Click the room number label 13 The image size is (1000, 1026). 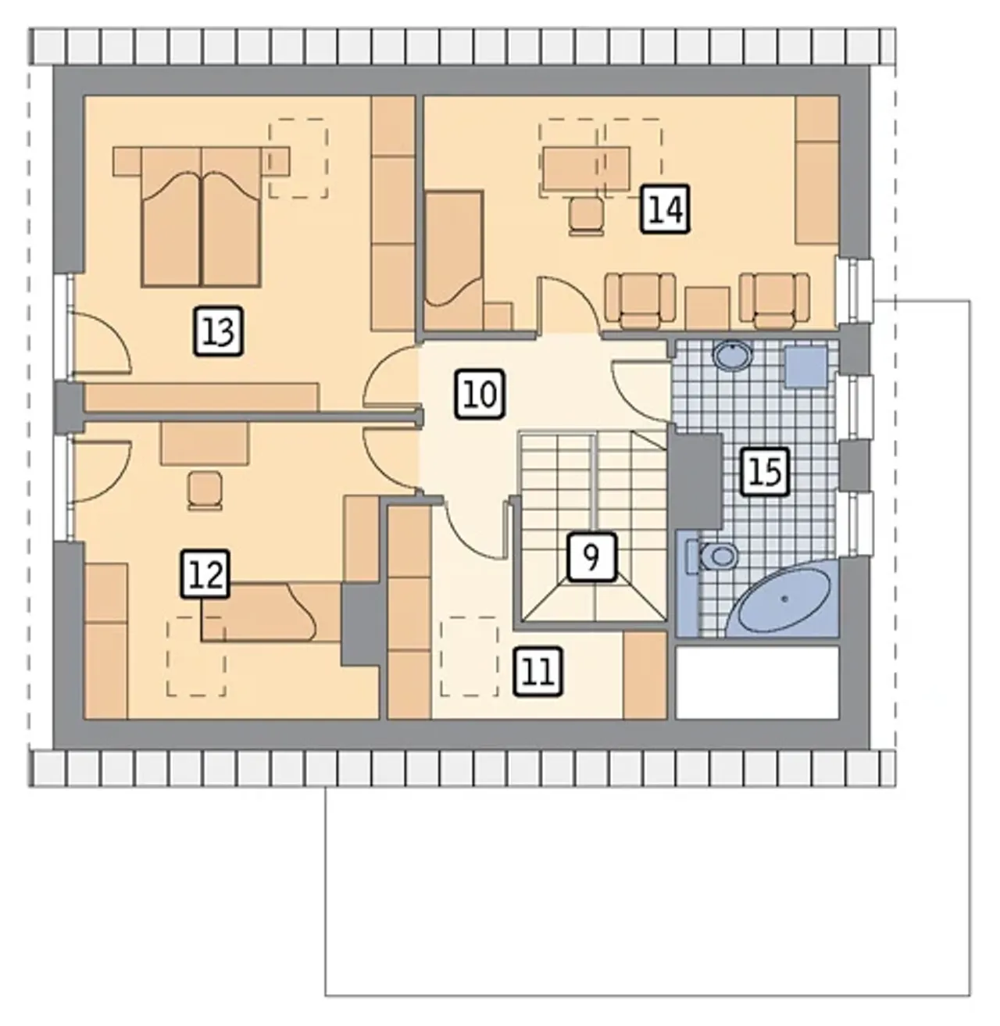click(x=218, y=331)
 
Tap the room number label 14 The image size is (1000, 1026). click(x=665, y=209)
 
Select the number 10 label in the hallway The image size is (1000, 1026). click(x=480, y=395)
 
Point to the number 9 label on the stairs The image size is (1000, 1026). click(x=591, y=557)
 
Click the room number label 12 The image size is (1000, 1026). click(x=205, y=574)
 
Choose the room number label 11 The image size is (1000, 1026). click(x=537, y=672)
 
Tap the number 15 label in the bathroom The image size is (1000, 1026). click(x=764, y=472)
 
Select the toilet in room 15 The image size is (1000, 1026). click(x=712, y=556)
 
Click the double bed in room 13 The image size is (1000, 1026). click(x=201, y=216)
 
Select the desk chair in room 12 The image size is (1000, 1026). click(x=205, y=491)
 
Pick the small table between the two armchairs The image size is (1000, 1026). click(x=707, y=308)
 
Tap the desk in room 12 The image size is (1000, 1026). click(x=205, y=443)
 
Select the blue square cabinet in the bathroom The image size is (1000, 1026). click(x=805, y=366)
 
